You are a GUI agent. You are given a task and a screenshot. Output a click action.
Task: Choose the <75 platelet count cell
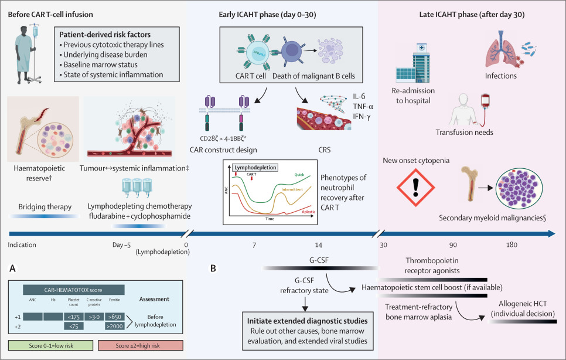[74, 327]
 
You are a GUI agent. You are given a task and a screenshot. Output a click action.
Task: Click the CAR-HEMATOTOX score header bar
[73, 289]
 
